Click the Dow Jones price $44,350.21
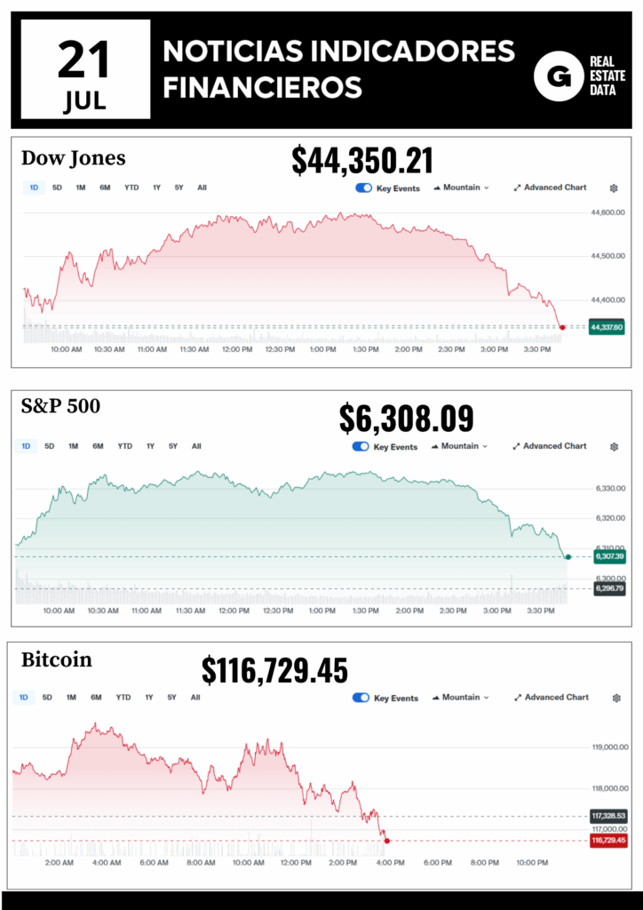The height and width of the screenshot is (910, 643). point(362,161)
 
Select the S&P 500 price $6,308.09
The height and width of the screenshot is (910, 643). point(407,419)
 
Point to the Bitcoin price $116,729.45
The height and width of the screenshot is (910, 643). point(274,671)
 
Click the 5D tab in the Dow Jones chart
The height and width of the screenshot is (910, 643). point(57,188)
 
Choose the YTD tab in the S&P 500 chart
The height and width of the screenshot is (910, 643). point(124,446)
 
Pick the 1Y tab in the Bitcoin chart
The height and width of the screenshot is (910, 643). point(149,698)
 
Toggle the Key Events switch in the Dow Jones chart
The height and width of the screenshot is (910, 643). point(363,188)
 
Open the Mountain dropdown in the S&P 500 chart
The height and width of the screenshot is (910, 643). point(464,446)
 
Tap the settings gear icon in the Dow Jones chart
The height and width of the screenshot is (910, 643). point(614,188)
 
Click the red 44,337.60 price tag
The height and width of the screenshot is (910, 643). point(607,327)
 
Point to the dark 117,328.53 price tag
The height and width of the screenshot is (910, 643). point(607,816)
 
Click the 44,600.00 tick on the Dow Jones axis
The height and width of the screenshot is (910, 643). point(608,212)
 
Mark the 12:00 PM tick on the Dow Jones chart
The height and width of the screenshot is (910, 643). point(237,349)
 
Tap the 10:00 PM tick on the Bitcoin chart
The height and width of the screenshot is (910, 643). point(531,862)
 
